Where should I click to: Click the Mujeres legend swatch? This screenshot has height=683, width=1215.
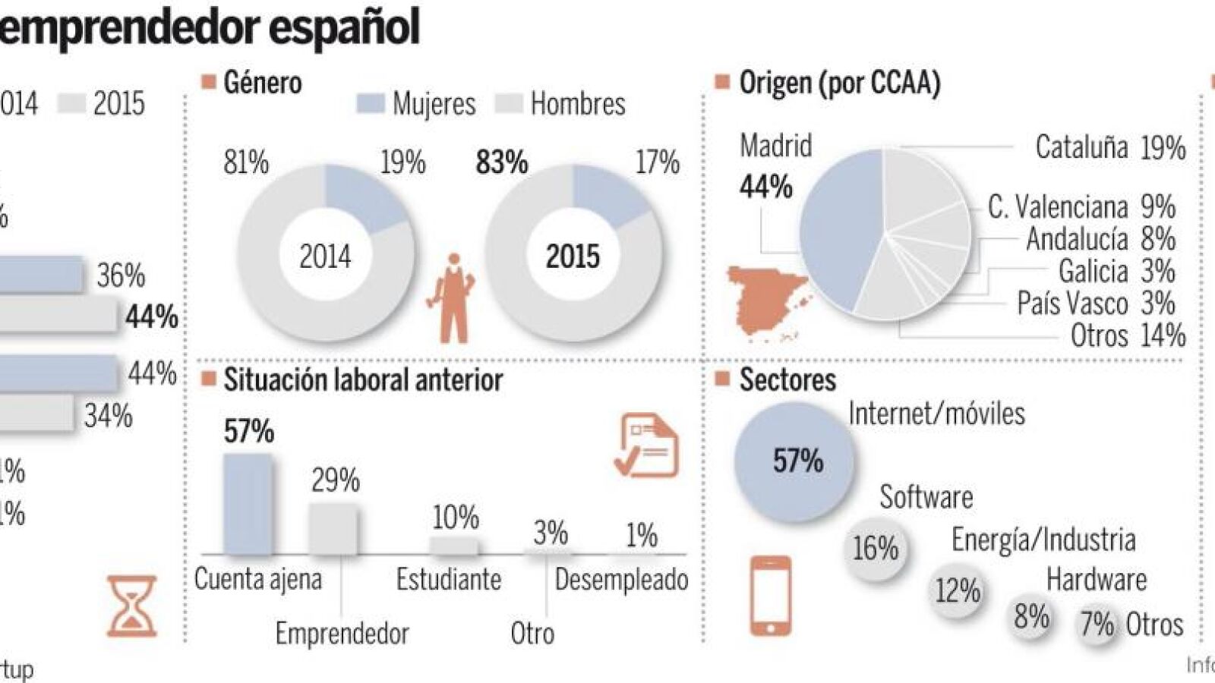pos(370,104)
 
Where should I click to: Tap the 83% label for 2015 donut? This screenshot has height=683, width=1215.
pos(501,162)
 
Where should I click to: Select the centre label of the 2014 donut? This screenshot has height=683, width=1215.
pos(325,257)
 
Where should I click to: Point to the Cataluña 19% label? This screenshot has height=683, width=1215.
pos(1109,147)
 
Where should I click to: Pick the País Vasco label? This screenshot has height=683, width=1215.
pos(1072,304)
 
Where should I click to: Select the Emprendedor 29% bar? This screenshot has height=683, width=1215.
pos(333,528)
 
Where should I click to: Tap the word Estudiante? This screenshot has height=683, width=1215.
pos(449,580)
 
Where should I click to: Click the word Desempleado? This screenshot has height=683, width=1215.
pos(621,580)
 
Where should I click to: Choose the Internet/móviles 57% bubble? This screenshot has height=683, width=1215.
pos(794,461)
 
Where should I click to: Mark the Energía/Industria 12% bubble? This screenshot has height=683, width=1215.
pos(957,590)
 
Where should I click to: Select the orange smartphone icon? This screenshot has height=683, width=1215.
pos(770,596)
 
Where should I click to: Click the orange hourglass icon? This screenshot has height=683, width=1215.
pos(131,605)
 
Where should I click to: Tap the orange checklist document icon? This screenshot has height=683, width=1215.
pos(646,445)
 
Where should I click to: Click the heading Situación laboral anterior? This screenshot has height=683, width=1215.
pos(363,380)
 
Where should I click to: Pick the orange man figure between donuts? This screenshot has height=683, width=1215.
pos(454,298)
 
